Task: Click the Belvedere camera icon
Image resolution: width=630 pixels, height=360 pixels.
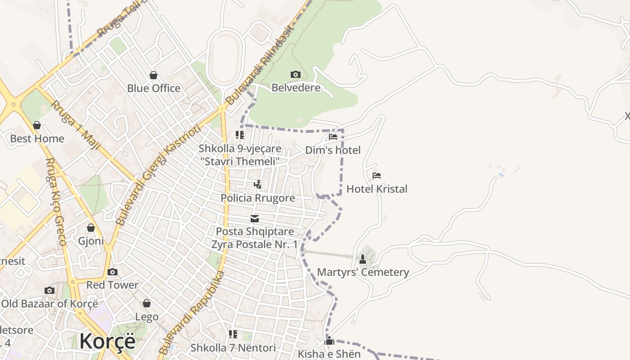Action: (x=296, y=74)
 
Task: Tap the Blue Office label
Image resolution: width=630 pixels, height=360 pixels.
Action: (x=153, y=88)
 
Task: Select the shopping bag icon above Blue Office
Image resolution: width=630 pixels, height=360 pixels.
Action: (x=153, y=75)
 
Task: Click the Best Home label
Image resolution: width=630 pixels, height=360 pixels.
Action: (x=37, y=139)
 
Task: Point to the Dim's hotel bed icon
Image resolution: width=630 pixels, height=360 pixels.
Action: (x=333, y=136)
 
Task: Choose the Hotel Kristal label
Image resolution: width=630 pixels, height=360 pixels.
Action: (x=377, y=189)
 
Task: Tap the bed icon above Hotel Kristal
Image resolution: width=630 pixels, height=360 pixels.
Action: (x=377, y=175)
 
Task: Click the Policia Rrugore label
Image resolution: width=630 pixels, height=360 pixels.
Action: (x=258, y=198)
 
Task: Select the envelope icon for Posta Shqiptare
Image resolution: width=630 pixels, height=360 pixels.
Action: (x=255, y=219)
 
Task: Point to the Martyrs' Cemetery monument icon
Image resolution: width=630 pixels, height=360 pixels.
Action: (x=363, y=259)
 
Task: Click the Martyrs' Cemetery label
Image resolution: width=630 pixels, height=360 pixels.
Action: (x=363, y=272)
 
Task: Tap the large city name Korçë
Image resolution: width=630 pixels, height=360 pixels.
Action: (x=107, y=341)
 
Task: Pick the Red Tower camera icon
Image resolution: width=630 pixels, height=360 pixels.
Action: (x=112, y=272)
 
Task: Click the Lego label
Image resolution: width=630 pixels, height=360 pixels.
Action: (x=147, y=317)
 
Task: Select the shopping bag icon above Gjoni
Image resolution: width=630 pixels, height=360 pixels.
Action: (x=91, y=228)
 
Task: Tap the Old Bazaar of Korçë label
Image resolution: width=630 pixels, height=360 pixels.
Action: (x=49, y=304)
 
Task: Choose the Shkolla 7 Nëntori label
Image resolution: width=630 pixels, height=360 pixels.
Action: (x=233, y=348)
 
